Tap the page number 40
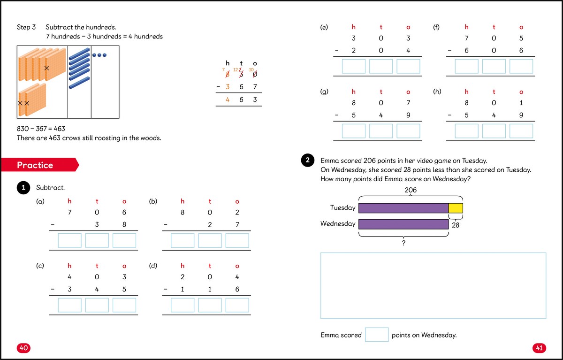point(24,348)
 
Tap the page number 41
point(539,348)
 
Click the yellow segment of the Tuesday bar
point(456,208)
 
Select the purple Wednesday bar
point(403,224)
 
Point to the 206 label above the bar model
point(411,190)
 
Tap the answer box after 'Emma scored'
point(377,335)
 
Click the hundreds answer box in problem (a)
point(69,240)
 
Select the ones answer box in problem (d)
point(237,305)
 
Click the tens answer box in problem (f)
point(494,66)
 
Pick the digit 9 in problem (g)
point(408,115)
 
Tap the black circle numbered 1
point(23,188)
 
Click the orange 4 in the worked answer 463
point(228,100)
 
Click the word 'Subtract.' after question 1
point(50,188)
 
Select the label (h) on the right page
point(437,92)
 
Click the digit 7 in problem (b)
point(237,225)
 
